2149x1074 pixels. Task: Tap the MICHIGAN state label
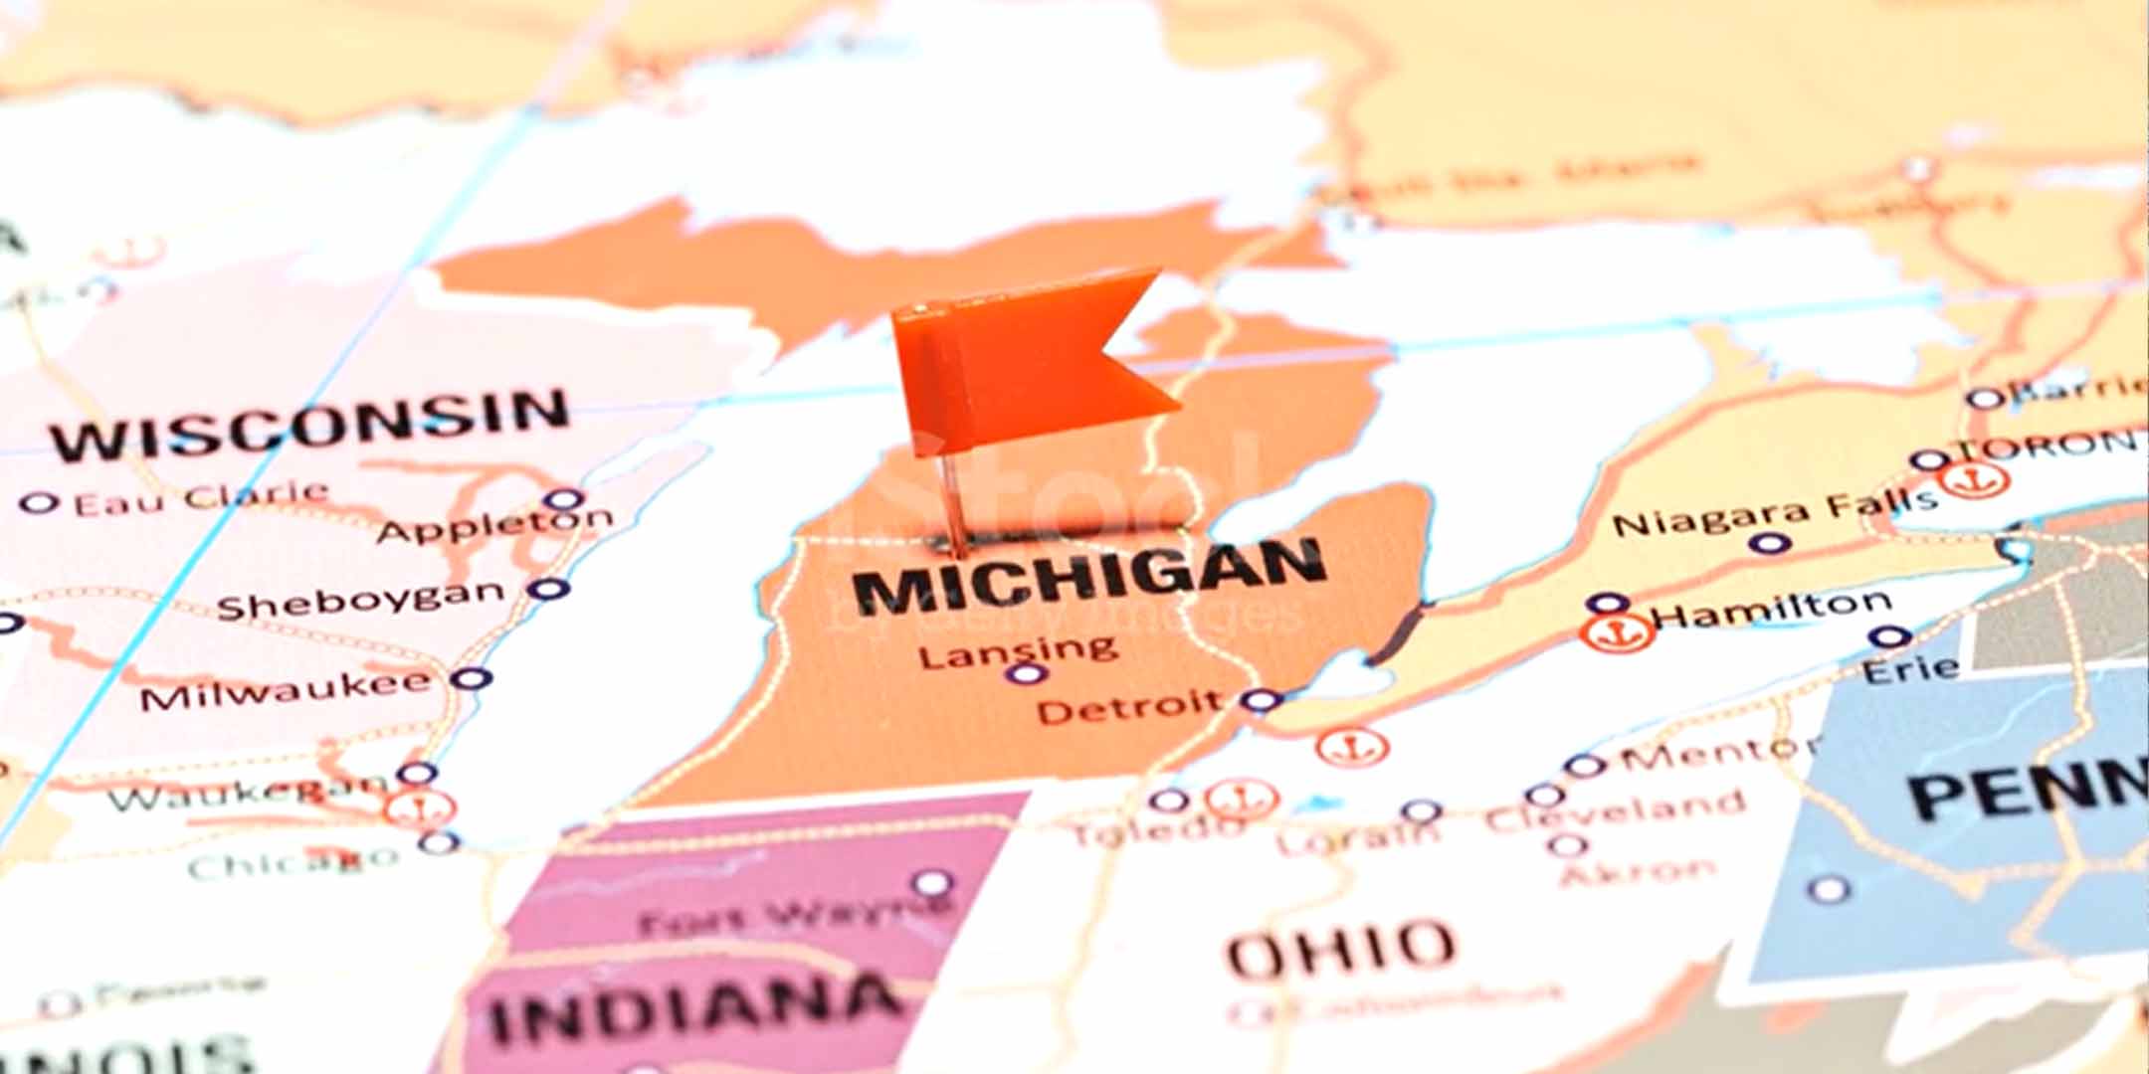pyautogui.click(x=1089, y=577)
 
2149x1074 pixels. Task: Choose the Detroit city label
pyautogui.click(x=1129, y=707)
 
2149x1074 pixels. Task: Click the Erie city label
pyautogui.click(x=1909, y=668)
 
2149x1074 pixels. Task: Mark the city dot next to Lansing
pyautogui.click(x=1025, y=674)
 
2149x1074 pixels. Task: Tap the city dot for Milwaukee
pyautogui.click(x=471, y=679)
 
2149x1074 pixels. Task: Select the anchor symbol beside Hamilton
pyautogui.click(x=1618, y=631)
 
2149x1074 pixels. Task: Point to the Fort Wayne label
pyautogui.click(x=791, y=917)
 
